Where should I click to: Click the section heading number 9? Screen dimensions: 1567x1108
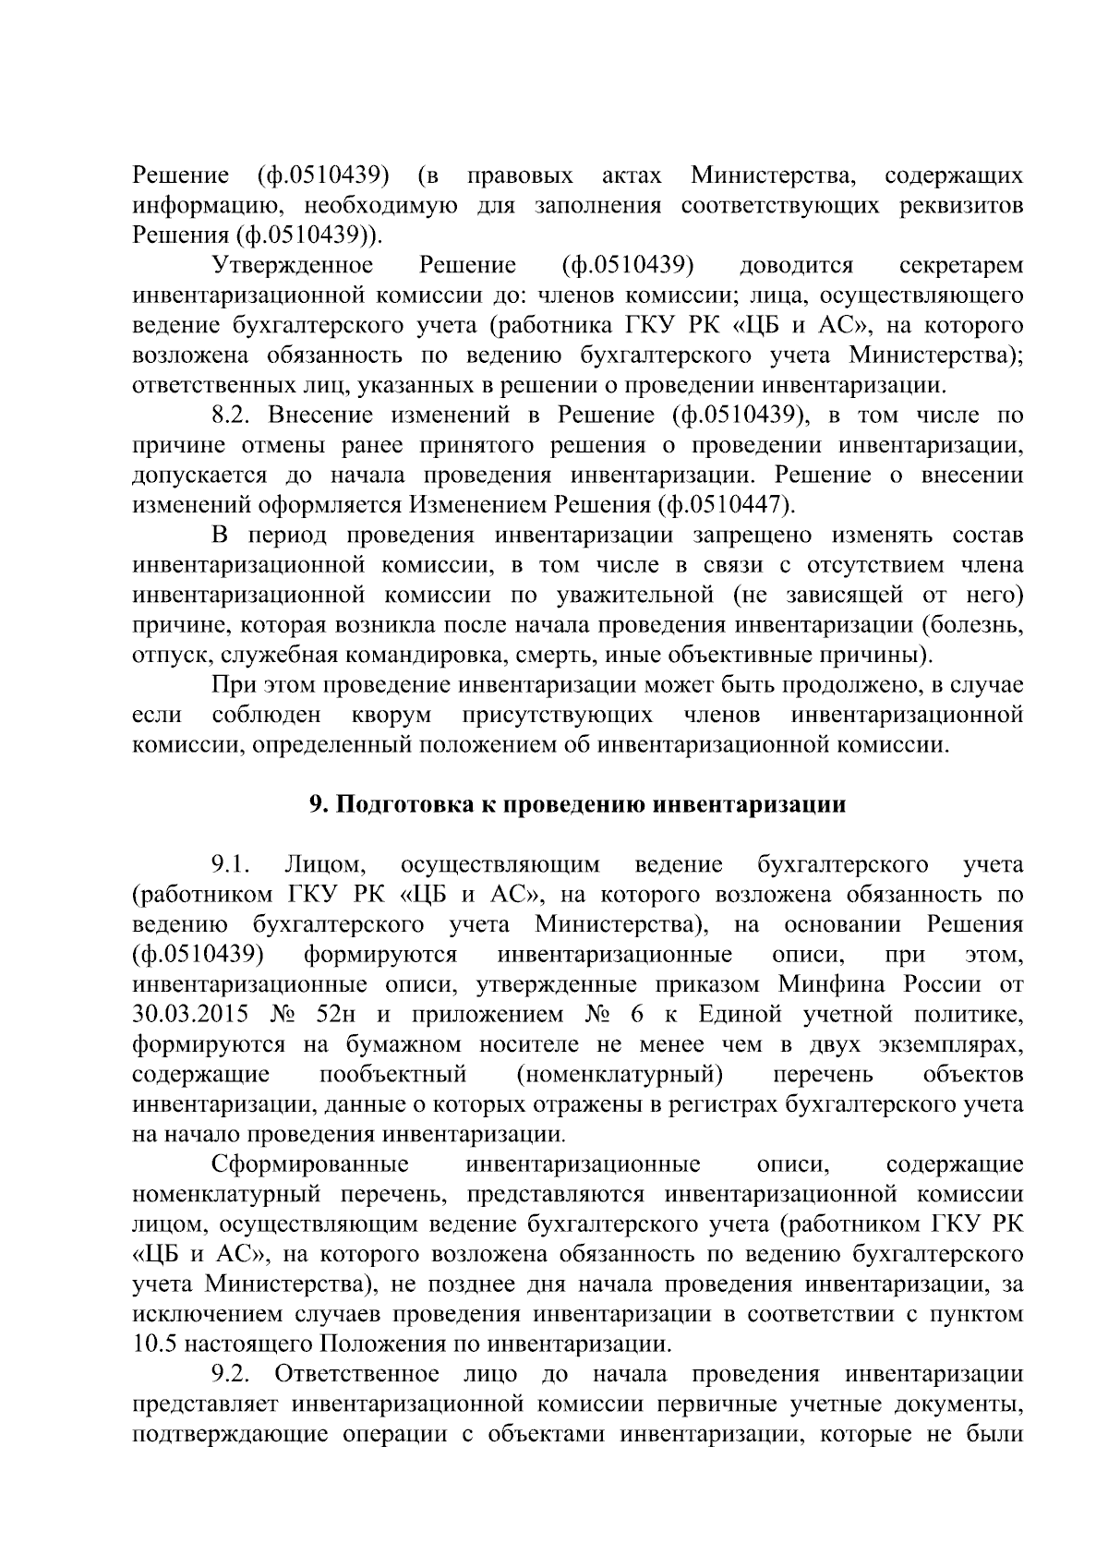315,804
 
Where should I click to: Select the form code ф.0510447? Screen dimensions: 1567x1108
724,506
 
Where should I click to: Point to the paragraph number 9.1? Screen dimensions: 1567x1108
231,864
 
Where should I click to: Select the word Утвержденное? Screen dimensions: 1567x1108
293,266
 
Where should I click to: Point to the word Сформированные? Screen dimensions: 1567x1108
311,1163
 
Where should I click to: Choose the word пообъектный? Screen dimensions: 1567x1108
392,1074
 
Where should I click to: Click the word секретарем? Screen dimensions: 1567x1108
960,266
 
